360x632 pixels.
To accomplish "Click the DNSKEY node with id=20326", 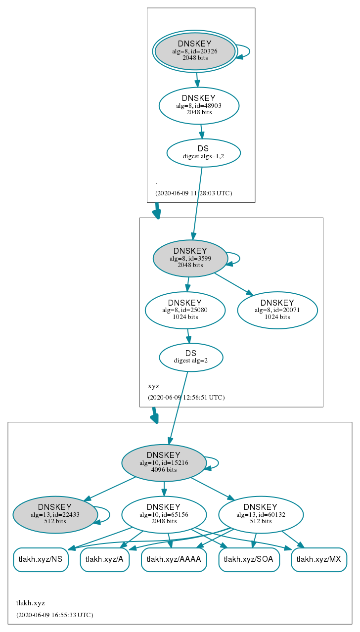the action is (195, 51).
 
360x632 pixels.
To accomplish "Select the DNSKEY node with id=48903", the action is (199, 105).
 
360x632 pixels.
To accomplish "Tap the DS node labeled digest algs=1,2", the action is (203, 153).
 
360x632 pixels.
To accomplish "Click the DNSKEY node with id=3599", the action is (190, 258).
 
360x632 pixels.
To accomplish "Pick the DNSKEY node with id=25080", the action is (185, 310).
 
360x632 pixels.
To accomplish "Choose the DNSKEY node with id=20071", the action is (277, 310).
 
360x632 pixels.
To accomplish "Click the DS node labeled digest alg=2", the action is (191, 357).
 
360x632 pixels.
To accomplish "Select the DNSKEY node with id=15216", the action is (164, 463).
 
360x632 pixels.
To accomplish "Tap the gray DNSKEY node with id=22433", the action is (55, 515).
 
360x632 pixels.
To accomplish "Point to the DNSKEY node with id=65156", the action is (164, 515).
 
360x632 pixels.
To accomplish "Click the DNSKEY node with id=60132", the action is (261, 515).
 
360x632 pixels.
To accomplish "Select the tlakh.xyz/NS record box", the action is (41, 560).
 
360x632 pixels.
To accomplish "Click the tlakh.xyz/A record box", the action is (105, 560).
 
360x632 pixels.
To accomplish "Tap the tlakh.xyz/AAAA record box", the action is (174, 560).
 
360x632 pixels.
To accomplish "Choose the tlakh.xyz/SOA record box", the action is (249, 560).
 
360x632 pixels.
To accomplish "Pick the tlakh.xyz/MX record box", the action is (319, 560).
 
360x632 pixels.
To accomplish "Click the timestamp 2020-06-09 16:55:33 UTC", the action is (55, 615).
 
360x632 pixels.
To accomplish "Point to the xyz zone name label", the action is (153, 386).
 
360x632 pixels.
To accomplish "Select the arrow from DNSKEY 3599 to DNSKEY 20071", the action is (234, 284).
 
